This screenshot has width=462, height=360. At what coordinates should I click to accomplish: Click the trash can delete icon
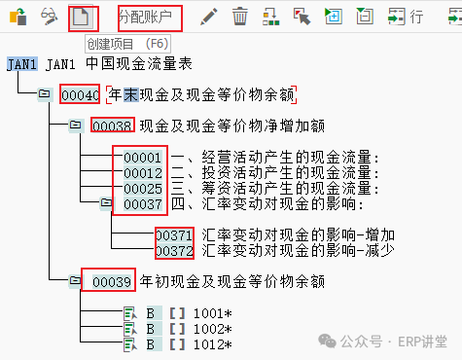tap(240, 17)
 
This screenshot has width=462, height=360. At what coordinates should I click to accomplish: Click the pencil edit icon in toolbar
tap(209, 17)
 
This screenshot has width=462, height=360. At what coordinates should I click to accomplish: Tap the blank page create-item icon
tap(81, 17)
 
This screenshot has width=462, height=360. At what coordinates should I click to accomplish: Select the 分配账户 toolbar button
tap(145, 17)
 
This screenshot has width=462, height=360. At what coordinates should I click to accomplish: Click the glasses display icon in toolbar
tap(49, 17)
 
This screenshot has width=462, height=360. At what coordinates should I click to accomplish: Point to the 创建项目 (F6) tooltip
tap(127, 44)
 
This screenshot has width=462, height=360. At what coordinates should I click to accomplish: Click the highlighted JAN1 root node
tap(21, 64)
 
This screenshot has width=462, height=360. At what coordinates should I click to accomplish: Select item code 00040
tap(81, 95)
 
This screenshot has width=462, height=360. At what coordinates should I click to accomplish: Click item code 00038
tap(112, 126)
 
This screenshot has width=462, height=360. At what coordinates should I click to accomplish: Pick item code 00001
tap(143, 158)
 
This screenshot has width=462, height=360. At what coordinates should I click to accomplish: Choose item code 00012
tap(143, 173)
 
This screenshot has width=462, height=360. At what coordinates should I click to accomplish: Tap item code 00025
tap(143, 189)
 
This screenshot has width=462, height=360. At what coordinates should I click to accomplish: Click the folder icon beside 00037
tap(106, 203)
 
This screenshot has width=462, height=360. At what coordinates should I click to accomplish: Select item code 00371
tap(174, 235)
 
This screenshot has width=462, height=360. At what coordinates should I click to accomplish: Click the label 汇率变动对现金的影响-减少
tap(298, 251)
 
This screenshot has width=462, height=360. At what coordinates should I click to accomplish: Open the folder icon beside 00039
tap(75, 280)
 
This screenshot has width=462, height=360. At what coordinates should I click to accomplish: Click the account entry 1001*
tap(213, 313)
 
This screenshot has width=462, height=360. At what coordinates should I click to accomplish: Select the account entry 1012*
tap(213, 344)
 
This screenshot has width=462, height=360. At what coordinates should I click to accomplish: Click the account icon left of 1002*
tap(130, 330)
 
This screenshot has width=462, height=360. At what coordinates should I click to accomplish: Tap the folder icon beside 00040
tap(44, 94)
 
